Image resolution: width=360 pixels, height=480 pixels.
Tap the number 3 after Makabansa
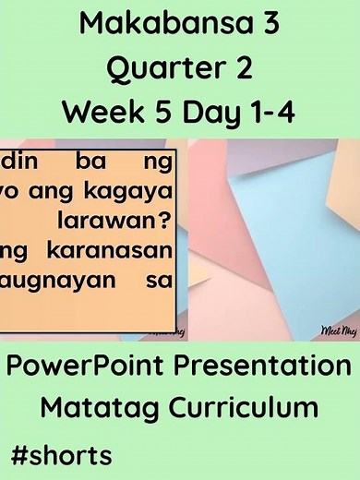(266, 25)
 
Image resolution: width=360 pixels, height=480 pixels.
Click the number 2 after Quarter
(240, 68)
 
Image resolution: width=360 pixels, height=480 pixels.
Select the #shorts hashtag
(62, 453)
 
